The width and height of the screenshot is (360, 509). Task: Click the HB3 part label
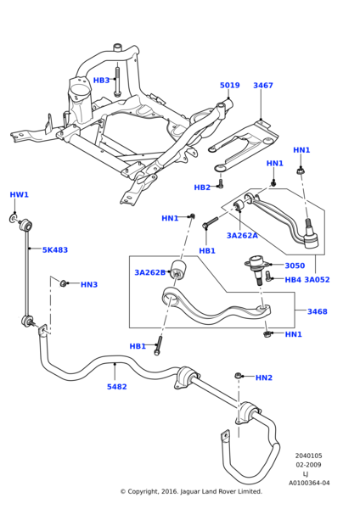click(101, 81)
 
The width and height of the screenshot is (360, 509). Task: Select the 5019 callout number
click(230, 86)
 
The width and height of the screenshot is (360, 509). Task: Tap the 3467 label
click(263, 86)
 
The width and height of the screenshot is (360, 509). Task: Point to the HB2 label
click(202, 187)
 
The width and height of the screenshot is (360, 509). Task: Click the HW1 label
click(20, 195)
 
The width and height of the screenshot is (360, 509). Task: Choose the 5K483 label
click(55, 250)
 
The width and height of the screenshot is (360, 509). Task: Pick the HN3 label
click(89, 285)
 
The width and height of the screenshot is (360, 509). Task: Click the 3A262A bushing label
click(242, 236)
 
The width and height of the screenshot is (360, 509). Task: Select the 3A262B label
click(149, 272)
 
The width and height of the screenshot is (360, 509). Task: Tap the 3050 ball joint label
click(295, 266)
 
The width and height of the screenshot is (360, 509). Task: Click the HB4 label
click(293, 280)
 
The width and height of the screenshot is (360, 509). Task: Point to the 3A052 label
click(317, 280)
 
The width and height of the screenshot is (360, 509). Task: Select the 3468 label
click(317, 311)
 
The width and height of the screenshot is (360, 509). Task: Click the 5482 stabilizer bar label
click(116, 387)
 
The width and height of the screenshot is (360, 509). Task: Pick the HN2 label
click(264, 378)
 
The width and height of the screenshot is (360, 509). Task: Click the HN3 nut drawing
click(64, 283)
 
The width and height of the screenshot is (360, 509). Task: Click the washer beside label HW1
click(13, 218)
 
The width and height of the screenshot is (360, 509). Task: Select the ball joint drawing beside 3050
click(256, 269)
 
